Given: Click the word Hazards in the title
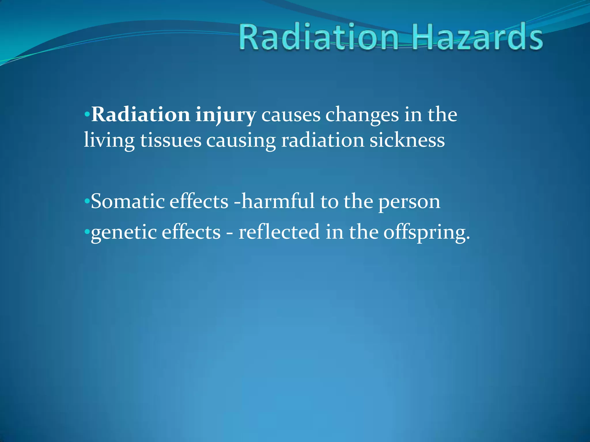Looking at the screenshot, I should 477,37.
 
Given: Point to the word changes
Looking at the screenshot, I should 362,115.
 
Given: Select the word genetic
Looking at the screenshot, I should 123,233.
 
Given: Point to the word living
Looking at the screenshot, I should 109,141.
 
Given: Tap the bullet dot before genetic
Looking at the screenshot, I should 87,232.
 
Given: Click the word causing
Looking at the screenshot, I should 241,141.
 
